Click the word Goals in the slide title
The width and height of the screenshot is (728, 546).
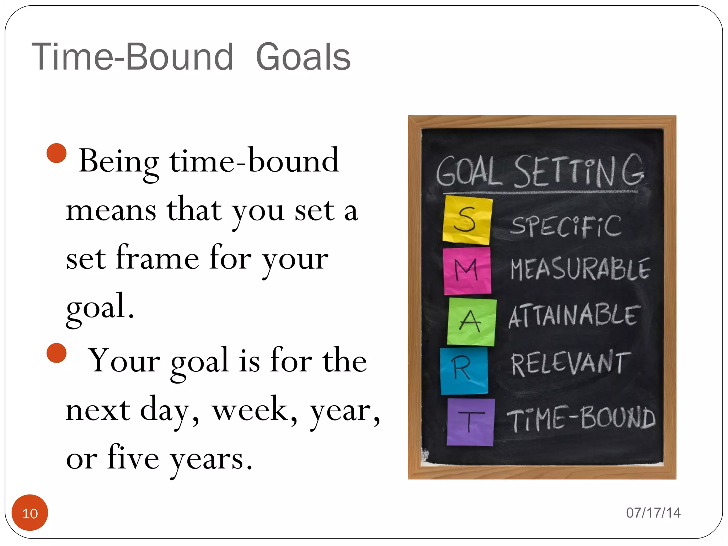[303, 57]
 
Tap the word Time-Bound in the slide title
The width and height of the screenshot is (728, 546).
[133, 57]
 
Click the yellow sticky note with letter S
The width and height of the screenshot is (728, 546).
[467, 220]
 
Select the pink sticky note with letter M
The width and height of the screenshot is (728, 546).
[467, 271]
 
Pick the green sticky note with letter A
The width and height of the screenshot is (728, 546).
[471, 322]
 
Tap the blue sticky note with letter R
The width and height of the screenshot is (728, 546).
[464, 371]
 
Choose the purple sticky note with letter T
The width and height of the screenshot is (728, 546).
[470, 422]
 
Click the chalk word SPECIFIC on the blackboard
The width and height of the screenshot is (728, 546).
[566, 226]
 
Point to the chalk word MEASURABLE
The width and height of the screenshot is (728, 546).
[580, 269]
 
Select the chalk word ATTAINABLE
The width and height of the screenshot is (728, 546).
[574, 315]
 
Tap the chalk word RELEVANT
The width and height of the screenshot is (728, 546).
[571, 363]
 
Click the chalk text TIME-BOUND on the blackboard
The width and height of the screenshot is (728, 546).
[581, 418]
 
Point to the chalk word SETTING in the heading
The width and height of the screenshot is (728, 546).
[579, 171]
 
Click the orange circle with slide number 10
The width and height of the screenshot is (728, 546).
[30, 513]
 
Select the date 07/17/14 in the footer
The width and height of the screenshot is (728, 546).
[653, 513]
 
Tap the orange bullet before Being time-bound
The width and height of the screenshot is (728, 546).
[57, 153]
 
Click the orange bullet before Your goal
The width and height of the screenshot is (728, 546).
[57, 353]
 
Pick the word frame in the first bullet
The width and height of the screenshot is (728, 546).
[157, 258]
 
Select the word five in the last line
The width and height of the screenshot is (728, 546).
[133, 458]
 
